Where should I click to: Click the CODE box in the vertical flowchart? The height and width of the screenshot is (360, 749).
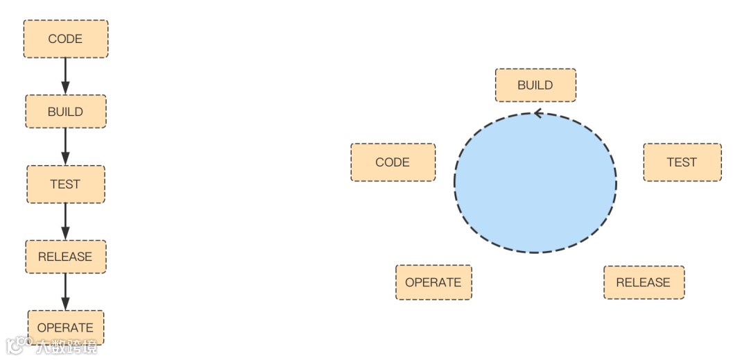tap(66, 39)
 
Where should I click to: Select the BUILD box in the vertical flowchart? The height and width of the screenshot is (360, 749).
tap(66, 112)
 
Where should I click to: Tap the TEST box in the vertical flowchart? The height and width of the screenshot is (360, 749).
tap(66, 185)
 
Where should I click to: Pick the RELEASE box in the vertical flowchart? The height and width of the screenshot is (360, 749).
tap(66, 257)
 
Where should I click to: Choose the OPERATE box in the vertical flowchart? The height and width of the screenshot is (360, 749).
tap(66, 327)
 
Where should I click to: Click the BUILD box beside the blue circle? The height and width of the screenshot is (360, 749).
tap(535, 85)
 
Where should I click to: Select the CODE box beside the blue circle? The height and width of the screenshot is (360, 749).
tap(393, 162)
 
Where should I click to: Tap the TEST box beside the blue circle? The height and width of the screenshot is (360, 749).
tap(682, 162)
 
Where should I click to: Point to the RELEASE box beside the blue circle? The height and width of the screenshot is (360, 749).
tap(644, 282)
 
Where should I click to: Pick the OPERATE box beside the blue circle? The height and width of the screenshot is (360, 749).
tap(433, 282)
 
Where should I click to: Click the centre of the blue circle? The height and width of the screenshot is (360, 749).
tap(535, 182)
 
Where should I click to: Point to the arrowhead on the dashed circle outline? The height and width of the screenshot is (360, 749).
tap(537, 113)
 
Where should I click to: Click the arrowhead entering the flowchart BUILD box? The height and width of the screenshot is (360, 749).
tap(66, 88)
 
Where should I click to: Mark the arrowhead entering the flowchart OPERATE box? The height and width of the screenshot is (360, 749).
tap(66, 304)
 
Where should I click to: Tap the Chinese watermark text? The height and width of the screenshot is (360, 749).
tap(67, 347)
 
